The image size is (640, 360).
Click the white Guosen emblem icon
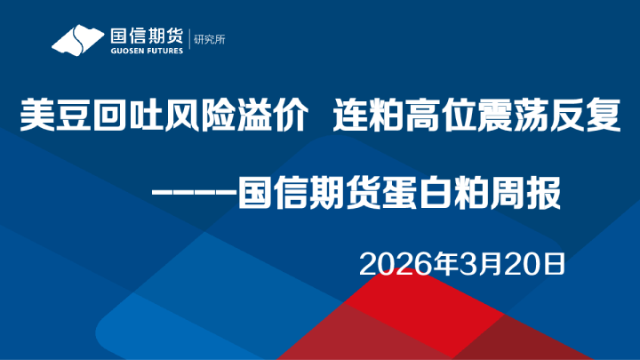[77, 41]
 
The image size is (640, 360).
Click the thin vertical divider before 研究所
[188, 40]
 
